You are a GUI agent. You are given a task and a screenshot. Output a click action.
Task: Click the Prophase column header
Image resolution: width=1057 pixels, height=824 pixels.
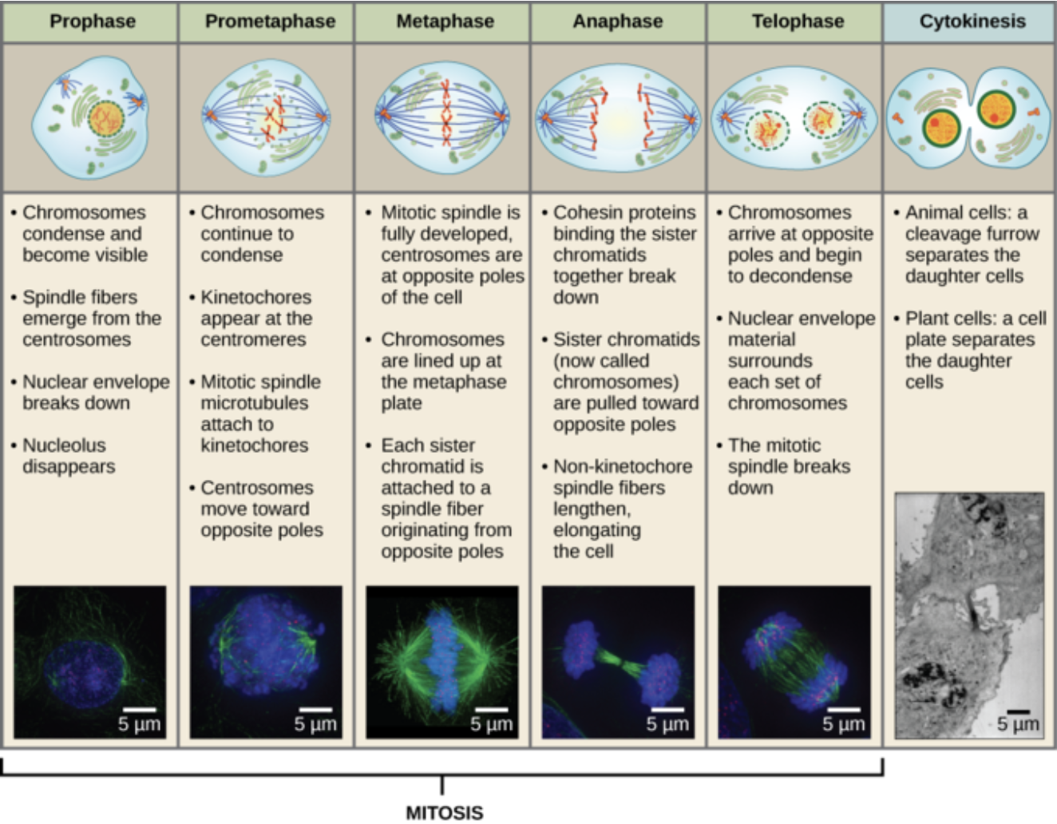(92, 22)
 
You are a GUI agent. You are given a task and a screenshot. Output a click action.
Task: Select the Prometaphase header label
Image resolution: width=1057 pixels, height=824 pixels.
(270, 22)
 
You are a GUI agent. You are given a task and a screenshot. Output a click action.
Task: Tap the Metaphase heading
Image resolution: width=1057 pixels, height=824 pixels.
(445, 22)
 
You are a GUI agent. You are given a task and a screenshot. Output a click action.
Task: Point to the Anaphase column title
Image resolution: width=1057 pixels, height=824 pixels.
(617, 22)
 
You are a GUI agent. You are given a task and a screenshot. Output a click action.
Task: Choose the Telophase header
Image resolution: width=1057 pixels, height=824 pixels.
(798, 22)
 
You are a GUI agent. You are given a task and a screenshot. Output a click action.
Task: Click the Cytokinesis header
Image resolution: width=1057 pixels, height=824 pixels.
(972, 22)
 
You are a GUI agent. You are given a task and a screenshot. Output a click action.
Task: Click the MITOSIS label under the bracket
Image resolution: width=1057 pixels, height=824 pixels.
(444, 813)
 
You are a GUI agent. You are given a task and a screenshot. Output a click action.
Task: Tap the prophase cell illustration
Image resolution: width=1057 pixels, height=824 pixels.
(90, 117)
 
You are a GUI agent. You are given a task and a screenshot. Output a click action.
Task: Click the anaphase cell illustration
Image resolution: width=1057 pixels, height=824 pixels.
(619, 118)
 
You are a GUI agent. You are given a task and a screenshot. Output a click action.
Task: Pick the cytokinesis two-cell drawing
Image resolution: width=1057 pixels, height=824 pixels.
(970, 118)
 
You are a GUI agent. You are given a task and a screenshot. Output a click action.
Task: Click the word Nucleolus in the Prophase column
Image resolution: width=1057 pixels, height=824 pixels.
(64, 446)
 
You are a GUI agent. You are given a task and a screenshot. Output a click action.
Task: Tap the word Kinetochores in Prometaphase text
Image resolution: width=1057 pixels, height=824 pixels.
(255, 297)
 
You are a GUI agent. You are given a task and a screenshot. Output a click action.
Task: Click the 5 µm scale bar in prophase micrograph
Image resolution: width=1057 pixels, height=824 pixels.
(140, 710)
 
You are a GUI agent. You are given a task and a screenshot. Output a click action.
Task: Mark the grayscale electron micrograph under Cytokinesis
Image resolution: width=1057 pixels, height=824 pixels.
(969, 615)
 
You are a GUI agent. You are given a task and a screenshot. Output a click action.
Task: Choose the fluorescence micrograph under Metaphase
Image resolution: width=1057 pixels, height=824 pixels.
(442, 662)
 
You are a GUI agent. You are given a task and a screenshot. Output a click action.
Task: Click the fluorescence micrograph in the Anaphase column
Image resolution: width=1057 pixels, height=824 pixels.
(619, 662)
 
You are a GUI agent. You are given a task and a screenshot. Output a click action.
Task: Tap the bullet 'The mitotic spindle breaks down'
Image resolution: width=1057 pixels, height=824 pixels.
(789, 466)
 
